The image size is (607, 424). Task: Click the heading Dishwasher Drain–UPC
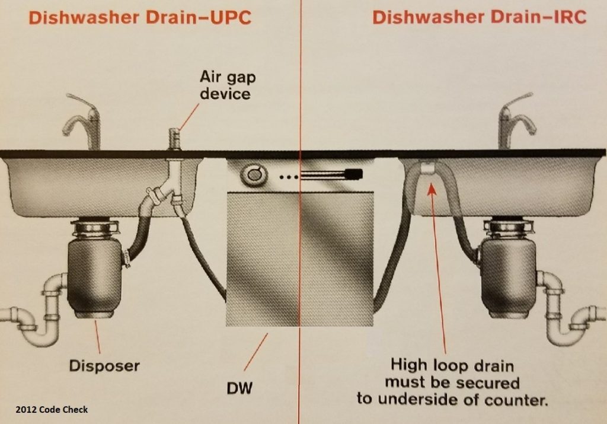tap(140, 17)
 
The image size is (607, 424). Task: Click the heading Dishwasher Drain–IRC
tap(479, 17)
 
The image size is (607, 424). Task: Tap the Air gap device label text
tap(228, 85)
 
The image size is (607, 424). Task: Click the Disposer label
tap(104, 366)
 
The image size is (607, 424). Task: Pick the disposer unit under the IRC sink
tap(508, 267)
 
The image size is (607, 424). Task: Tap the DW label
tap(239, 388)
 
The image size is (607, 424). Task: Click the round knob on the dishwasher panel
tap(254, 175)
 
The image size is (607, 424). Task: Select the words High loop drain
tap(452, 365)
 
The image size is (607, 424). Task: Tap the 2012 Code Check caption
tap(52, 410)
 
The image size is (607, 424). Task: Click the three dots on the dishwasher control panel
tap(289, 177)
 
